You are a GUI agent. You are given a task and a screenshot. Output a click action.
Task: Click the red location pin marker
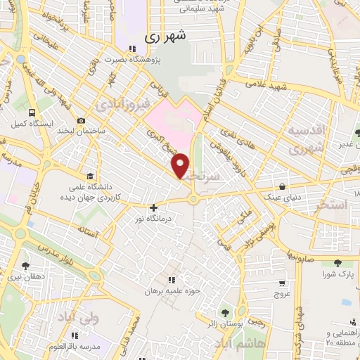click(x=181, y=165)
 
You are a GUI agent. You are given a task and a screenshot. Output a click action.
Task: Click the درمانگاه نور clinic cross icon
click(x=153, y=207)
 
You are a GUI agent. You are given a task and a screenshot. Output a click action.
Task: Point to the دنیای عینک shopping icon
click(x=283, y=187)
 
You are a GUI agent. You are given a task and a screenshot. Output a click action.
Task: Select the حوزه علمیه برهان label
click(x=169, y=290)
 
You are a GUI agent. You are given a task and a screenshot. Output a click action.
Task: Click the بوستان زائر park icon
click(x=224, y=313)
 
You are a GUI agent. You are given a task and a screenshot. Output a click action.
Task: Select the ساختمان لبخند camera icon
click(x=82, y=121)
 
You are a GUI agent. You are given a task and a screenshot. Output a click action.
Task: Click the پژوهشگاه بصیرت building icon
click(x=131, y=49)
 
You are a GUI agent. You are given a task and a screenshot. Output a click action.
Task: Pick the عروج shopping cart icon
click(x=282, y=283)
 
